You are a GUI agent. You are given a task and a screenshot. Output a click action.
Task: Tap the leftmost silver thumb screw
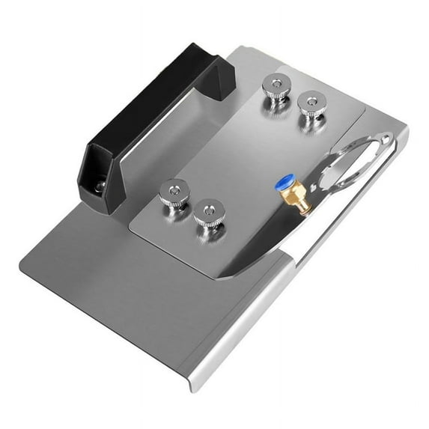173,193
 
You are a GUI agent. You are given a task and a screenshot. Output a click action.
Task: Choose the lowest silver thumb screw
209,213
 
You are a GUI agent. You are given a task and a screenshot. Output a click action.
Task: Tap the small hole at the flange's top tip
383,139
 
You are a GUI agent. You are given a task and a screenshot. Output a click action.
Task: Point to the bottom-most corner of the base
196,389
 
